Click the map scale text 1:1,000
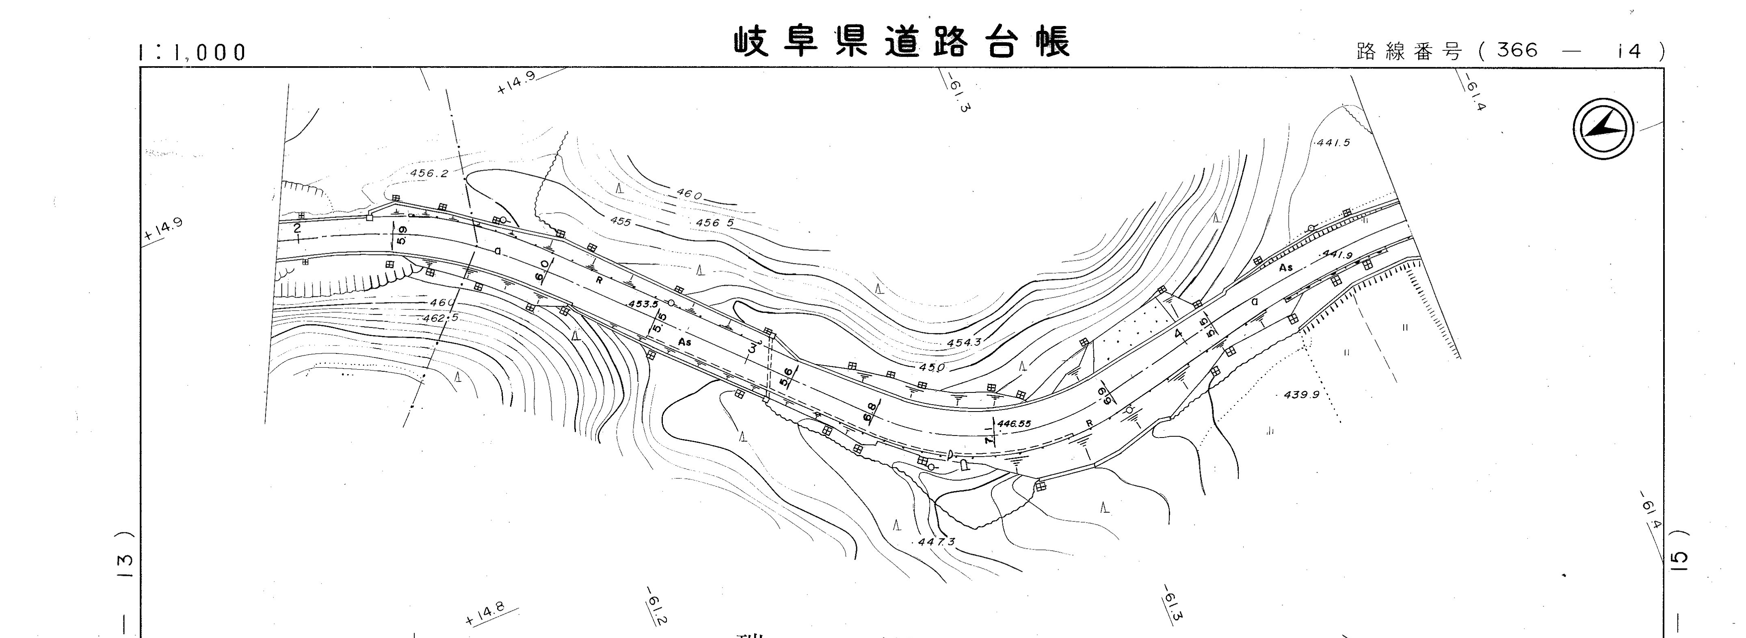click(x=191, y=52)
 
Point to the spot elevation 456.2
click(x=429, y=173)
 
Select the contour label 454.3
click(x=964, y=343)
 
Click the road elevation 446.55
click(x=1014, y=424)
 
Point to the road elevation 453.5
click(x=643, y=304)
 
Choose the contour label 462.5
click(x=441, y=318)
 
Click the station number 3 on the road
click(x=751, y=349)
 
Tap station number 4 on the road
click(x=1178, y=334)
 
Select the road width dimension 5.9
click(x=402, y=235)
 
